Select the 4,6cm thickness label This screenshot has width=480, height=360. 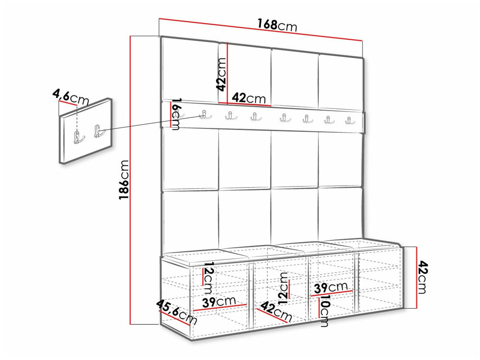pos(71,98)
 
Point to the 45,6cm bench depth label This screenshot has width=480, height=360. pos(177,312)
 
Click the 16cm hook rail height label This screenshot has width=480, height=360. pos(177,114)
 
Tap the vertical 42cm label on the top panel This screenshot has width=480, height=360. pos(221,74)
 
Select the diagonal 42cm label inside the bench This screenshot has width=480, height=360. pos(276,311)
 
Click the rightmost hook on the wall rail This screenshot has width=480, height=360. pos(350,121)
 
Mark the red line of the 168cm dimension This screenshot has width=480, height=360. pos(261,30)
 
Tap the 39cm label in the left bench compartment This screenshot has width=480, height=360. pos(219,302)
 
